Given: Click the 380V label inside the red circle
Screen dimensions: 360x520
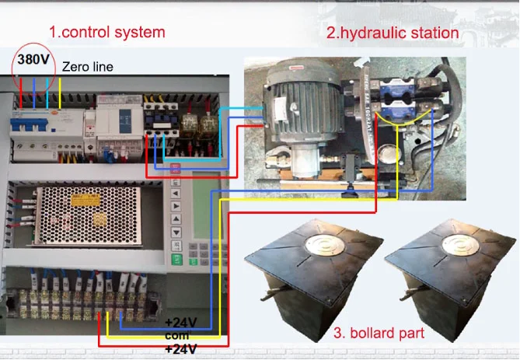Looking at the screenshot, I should (x=34, y=59).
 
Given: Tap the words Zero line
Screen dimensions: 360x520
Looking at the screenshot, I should (x=87, y=67).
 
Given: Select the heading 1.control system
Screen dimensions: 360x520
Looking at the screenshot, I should (x=107, y=32).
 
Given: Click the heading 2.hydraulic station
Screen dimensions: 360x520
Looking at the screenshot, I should (x=392, y=33).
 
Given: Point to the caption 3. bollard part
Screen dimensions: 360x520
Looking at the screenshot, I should (x=379, y=334).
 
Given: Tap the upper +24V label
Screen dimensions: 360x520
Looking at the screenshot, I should (x=180, y=322).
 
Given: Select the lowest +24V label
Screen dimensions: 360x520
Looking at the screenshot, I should (x=180, y=349).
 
